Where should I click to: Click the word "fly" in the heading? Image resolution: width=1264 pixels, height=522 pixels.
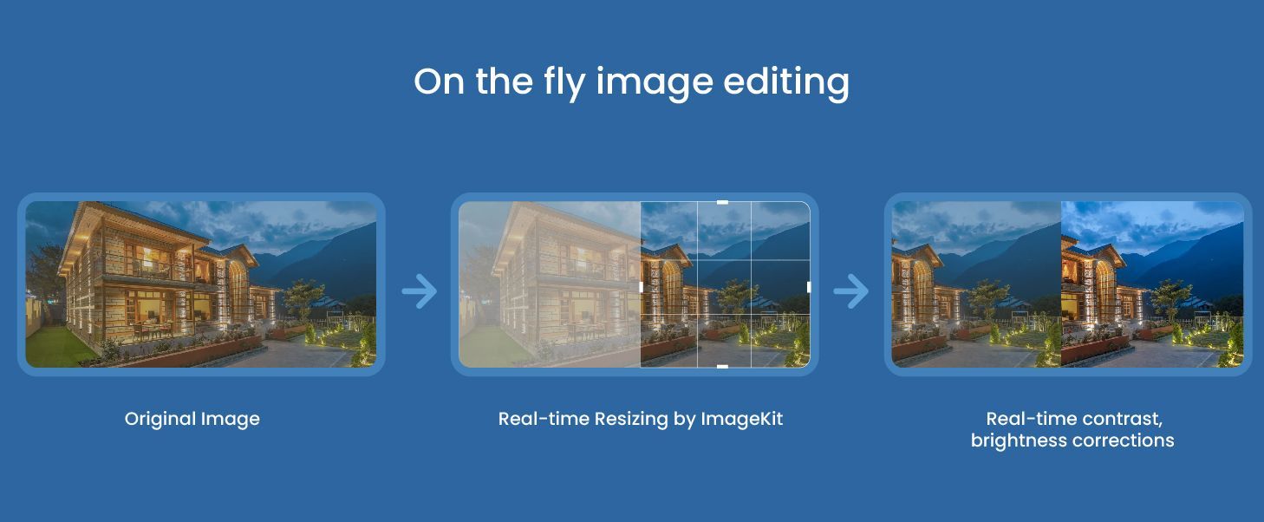coord(564,83)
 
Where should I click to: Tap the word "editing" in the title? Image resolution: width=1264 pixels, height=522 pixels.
coord(786,83)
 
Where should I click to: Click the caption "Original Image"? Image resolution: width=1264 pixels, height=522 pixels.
coord(192,420)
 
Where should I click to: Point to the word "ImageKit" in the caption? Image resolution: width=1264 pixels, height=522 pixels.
coord(741,419)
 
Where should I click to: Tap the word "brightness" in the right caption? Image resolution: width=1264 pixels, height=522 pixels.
coord(1020,440)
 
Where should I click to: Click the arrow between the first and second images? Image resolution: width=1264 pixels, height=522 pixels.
coord(420,291)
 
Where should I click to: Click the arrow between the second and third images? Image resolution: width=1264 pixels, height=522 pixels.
coord(851,291)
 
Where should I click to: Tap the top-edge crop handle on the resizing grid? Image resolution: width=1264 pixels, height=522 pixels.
coord(722,202)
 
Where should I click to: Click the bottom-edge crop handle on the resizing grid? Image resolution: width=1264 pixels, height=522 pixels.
coord(722,367)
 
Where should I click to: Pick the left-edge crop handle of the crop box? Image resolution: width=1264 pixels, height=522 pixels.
coord(641,287)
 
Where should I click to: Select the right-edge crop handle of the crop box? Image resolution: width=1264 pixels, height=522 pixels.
coord(809,287)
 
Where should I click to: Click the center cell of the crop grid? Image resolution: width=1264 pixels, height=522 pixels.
coord(725,287)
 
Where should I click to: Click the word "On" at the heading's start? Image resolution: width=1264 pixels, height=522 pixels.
coord(440,82)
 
